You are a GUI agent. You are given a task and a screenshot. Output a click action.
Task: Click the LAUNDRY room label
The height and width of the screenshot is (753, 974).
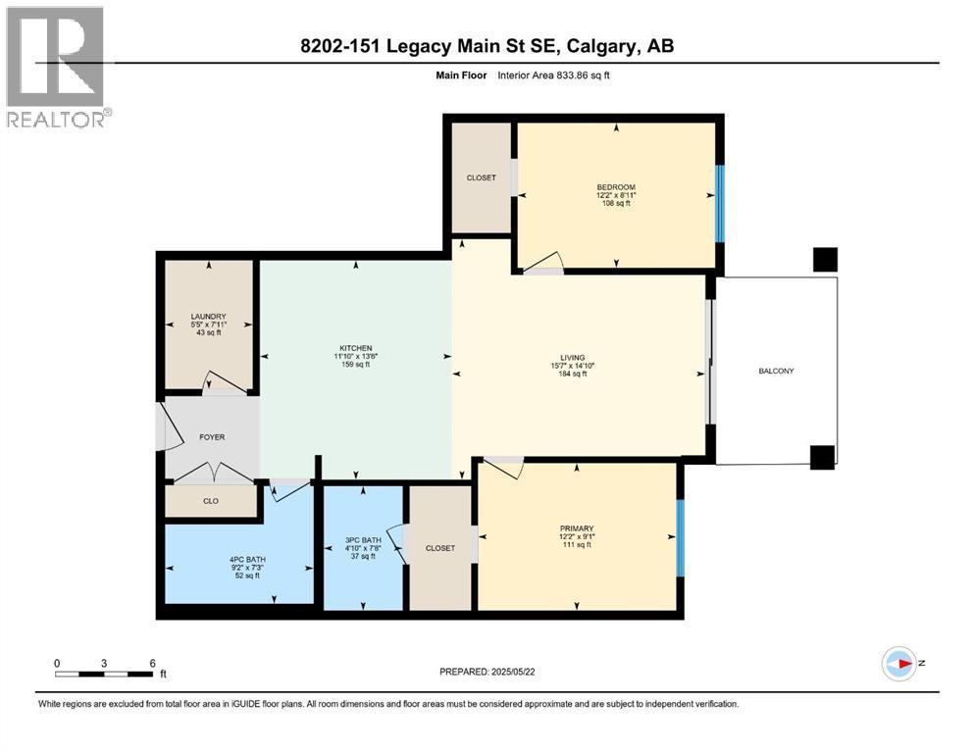tap(208, 316)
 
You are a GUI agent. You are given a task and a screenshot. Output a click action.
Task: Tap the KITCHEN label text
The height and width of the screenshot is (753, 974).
tap(356, 348)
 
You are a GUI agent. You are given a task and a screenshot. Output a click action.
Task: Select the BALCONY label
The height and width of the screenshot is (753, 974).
tap(776, 371)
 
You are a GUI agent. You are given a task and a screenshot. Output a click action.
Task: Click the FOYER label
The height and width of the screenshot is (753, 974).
tap(212, 437)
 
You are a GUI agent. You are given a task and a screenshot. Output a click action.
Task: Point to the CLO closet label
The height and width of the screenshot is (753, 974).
tap(211, 501)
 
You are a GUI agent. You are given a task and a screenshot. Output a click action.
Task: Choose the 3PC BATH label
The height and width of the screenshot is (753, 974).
tap(363, 540)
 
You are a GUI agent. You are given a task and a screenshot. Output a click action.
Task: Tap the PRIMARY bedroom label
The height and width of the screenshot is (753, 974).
tap(577, 528)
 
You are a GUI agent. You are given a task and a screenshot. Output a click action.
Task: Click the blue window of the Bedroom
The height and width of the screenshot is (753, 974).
tap(720, 203)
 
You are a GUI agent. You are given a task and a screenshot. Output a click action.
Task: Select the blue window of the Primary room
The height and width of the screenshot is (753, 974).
tap(680, 537)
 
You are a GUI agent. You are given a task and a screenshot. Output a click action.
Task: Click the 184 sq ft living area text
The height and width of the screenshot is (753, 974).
tap(572, 374)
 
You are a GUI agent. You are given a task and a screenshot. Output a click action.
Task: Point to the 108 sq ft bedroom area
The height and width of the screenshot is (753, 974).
tap(616, 203)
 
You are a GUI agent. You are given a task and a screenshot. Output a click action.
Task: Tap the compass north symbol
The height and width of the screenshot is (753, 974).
tap(899, 664)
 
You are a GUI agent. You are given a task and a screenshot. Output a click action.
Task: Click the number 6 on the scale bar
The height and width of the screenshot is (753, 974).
tap(152, 663)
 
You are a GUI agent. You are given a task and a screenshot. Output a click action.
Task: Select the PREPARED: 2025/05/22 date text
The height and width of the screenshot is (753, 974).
tap(487, 672)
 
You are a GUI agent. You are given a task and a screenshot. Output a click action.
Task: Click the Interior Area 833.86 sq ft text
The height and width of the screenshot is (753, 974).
tap(553, 75)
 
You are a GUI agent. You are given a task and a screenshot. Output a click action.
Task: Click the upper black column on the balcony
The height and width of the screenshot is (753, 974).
tap(826, 260)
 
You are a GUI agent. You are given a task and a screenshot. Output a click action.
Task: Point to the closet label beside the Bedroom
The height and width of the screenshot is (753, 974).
tap(482, 177)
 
